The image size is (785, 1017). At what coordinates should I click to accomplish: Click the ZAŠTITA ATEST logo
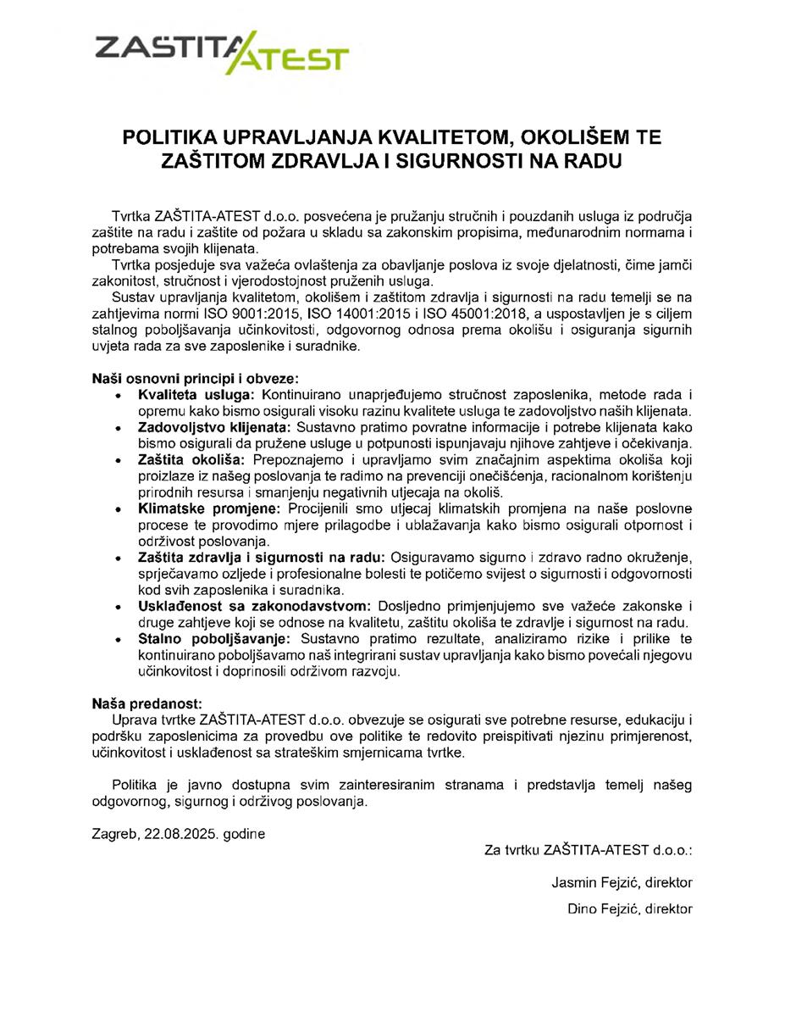click(x=222, y=52)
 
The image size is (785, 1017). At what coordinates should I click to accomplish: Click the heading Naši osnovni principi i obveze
click(x=196, y=379)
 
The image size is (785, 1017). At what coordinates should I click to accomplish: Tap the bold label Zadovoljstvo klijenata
click(x=214, y=426)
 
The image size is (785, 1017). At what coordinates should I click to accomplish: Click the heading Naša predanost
click(x=147, y=703)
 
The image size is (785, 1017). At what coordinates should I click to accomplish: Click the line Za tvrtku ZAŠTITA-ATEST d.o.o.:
click(x=589, y=849)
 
